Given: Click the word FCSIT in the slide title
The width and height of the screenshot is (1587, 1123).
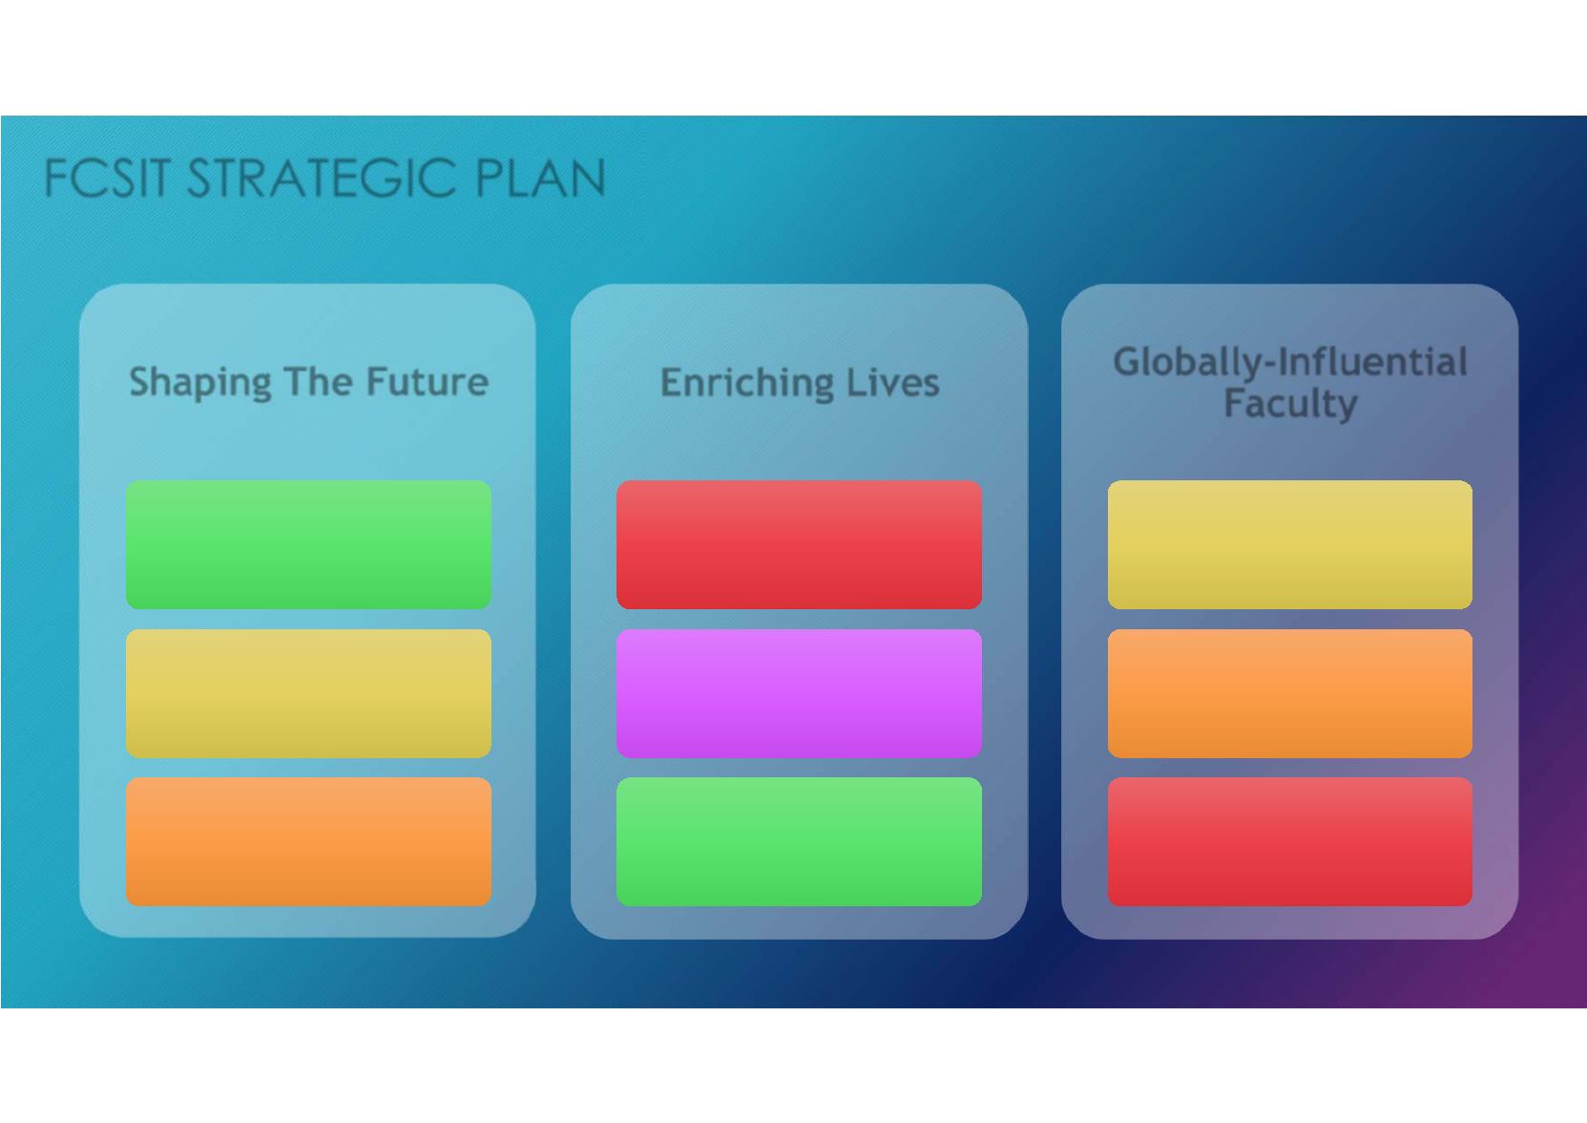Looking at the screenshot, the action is (x=107, y=178).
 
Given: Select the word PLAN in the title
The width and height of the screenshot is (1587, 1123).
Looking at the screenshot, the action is (x=540, y=178).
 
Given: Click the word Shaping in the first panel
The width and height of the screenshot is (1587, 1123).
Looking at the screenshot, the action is (x=200, y=384).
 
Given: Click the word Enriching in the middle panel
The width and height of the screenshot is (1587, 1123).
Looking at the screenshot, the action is (x=747, y=384).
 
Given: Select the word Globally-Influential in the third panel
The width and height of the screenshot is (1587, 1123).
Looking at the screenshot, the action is (x=1289, y=363).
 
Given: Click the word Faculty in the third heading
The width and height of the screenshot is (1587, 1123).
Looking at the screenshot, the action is (x=1290, y=404).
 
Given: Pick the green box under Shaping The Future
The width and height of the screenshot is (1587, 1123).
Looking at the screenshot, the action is (x=308, y=544).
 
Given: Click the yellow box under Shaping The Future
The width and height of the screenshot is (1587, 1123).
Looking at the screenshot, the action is (x=308, y=693).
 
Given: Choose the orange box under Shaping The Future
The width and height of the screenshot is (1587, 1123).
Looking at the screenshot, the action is (x=308, y=841).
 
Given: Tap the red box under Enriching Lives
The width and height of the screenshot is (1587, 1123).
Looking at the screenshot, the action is (x=799, y=544).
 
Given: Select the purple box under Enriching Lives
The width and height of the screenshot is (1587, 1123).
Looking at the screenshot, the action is (x=799, y=693).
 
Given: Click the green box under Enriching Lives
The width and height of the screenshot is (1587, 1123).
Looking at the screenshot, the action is (x=799, y=841).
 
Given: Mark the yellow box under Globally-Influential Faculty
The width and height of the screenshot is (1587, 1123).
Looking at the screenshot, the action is (x=1290, y=544).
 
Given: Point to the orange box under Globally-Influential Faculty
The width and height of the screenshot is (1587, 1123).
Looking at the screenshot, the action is (x=1290, y=693).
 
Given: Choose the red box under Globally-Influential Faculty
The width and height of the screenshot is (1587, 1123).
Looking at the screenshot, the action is (x=1290, y=841).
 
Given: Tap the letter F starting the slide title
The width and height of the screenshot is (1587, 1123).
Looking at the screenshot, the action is (x=56, y=178).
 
